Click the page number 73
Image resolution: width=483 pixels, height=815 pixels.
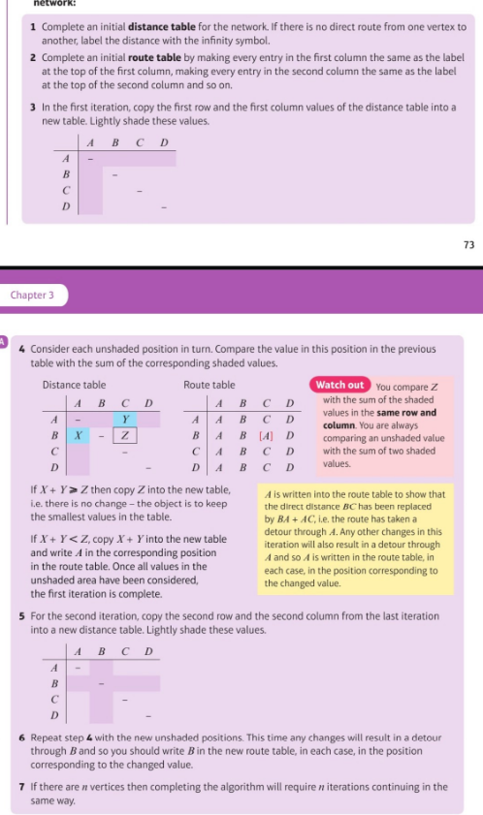pyautogui.click(x=468, y=244)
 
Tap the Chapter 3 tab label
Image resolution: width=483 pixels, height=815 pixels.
pyautogui.click(x=33, y=294)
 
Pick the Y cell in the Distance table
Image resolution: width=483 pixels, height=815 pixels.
pyautogui.click(x=125, y=419)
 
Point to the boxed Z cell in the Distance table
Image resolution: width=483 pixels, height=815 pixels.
pyautogui.click(x=125, y=435)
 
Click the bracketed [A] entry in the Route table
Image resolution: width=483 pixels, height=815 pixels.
pyautogui.click(x=266, y=435)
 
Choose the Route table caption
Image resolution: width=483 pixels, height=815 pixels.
pyautogui.click(x=209, y=386)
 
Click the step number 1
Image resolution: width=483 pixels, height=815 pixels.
pyautogui.click(x=34, y=26)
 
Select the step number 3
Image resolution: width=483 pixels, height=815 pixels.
pyautogui.click(x=34, y=106)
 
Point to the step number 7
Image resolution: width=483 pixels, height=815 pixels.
pyautogui.click(x=22, y=786)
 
